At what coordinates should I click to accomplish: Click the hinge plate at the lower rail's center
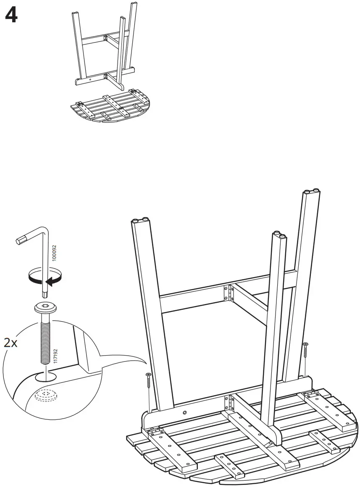click(x=229, y=403)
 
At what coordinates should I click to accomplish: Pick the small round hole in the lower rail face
click(x=184, y=413)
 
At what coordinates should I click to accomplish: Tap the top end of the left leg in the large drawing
click(x=140, y=221)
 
